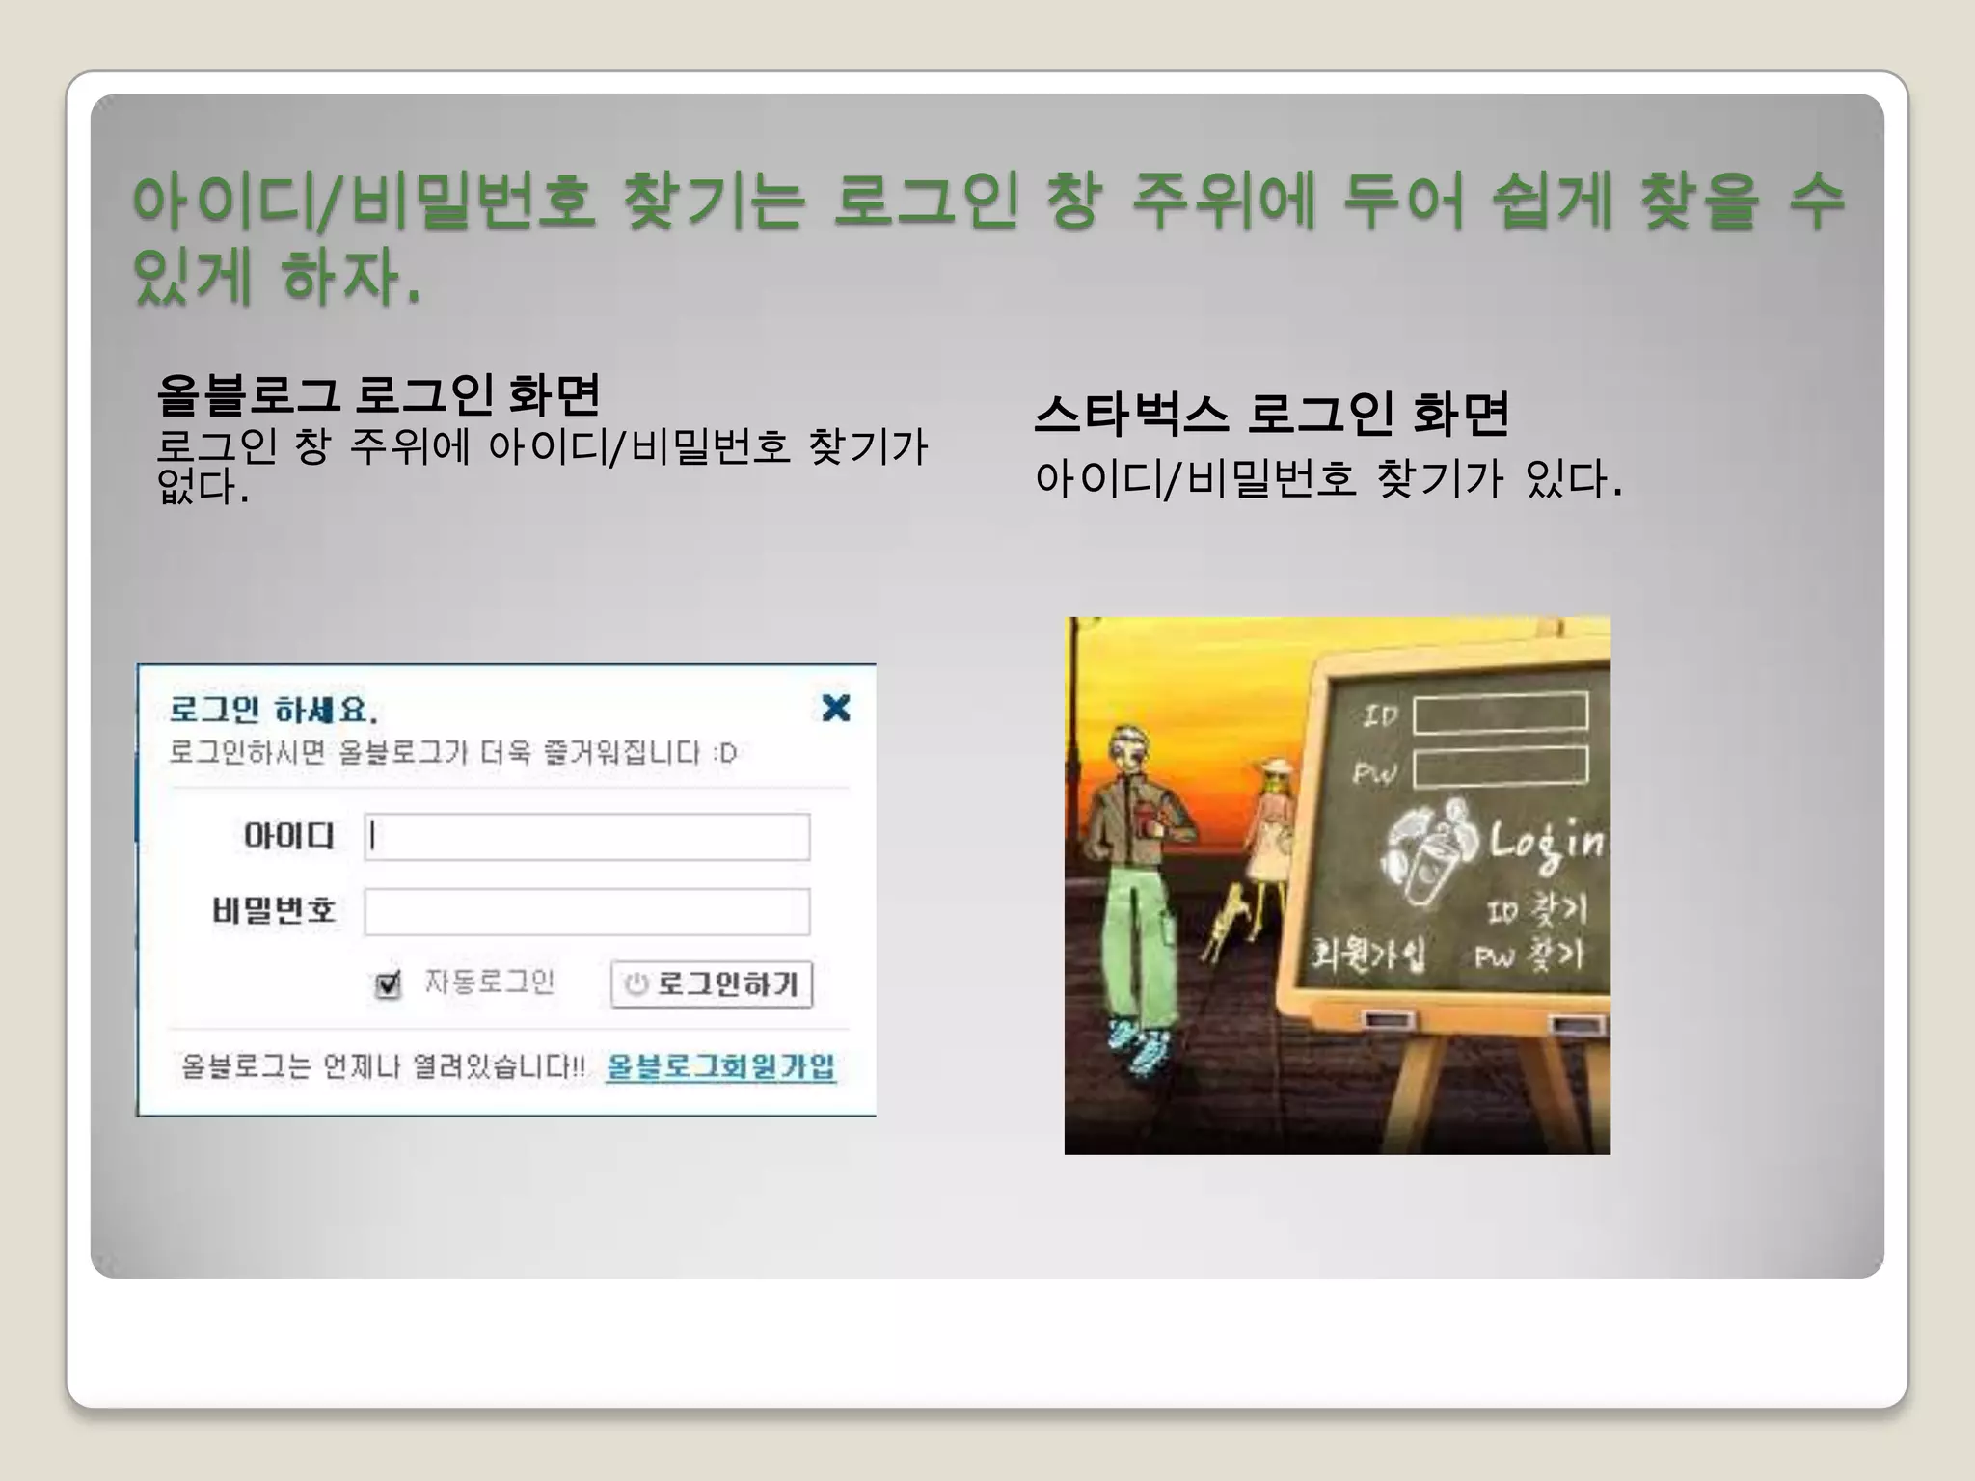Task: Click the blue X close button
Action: point(835,708)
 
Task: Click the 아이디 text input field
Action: point(586,837)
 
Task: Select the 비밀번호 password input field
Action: point(586,912)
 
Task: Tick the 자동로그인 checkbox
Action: point(388,984)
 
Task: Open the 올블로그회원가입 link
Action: point(720,1066)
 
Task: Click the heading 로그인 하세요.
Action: point(273,710)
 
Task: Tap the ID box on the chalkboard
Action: point(1500,714)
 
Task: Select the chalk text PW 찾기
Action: point(1529,955)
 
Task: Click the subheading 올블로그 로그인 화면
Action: point(379,394)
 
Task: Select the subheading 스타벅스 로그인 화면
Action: point(1271,415)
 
